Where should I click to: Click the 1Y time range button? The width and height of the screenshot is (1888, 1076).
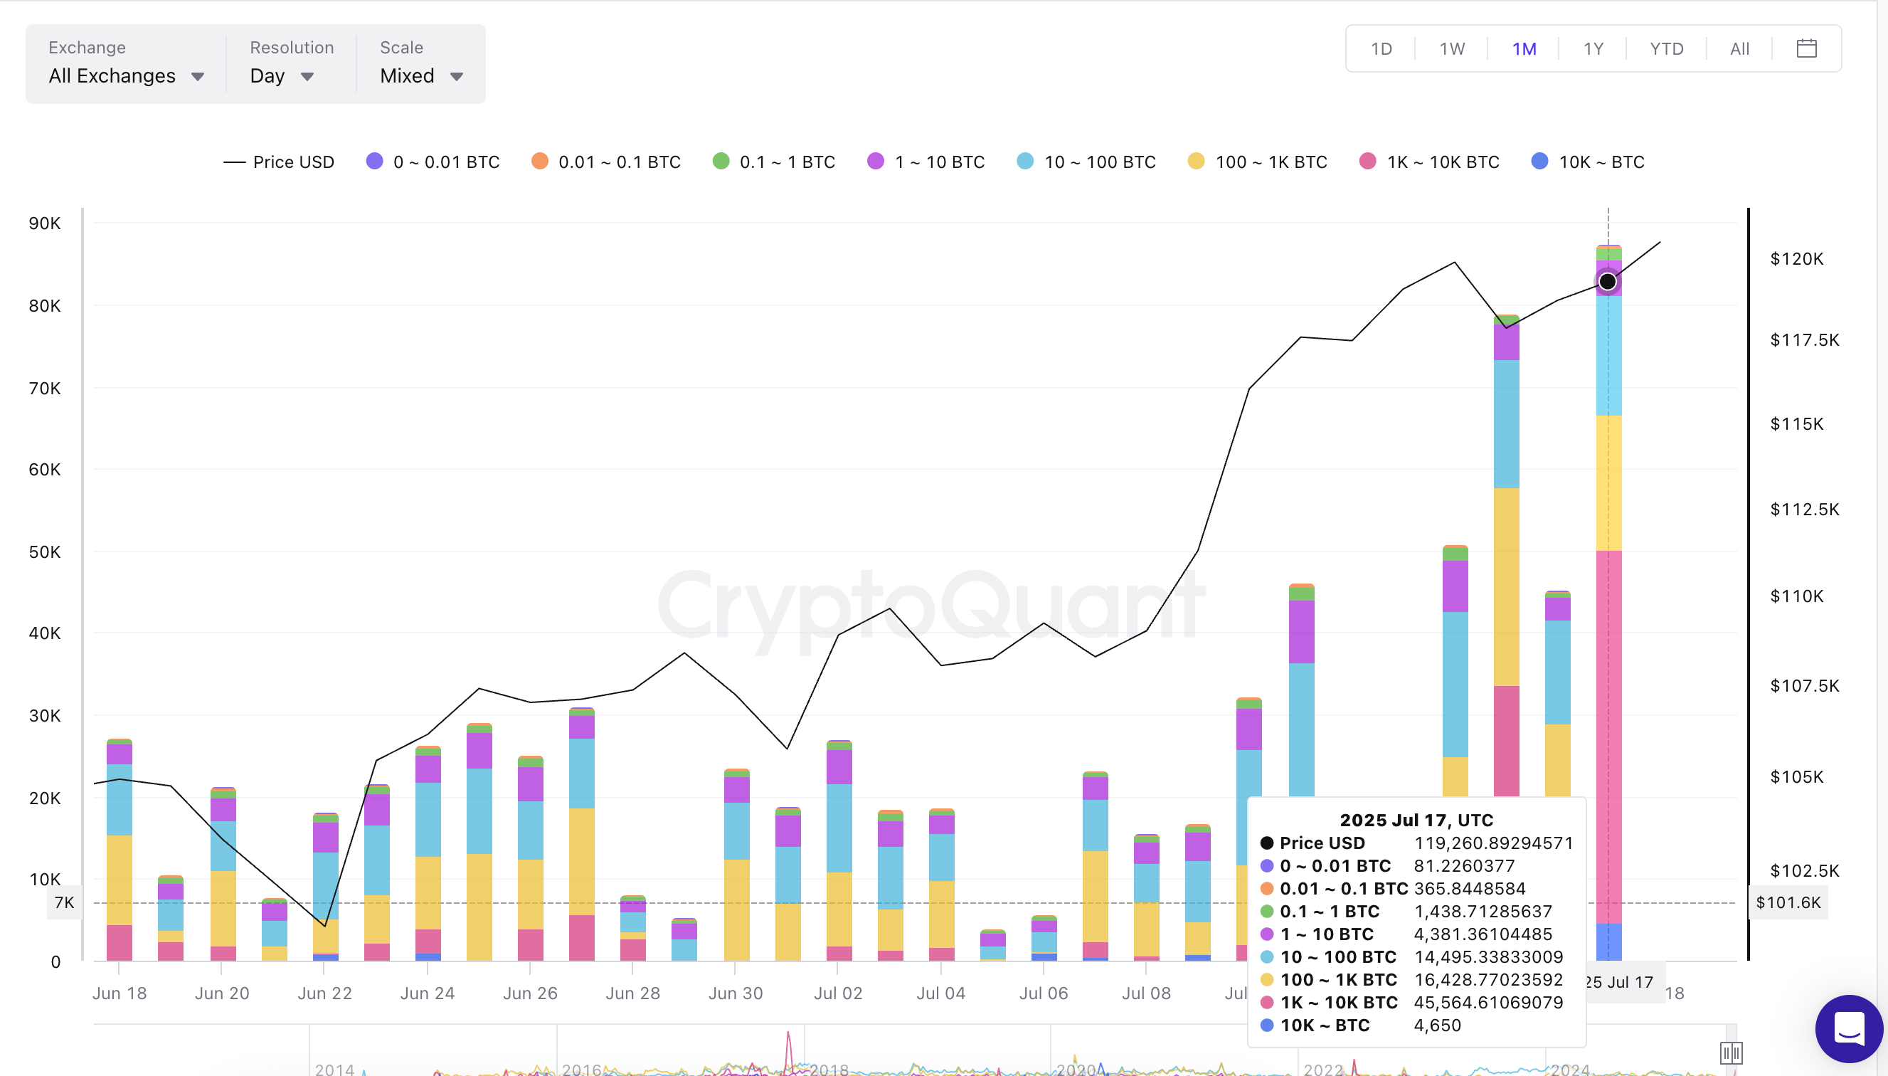1593,49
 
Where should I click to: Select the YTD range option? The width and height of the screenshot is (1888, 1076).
1666,49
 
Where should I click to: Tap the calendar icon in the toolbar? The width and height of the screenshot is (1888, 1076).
1806,49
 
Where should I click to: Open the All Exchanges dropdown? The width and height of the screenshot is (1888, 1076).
126,76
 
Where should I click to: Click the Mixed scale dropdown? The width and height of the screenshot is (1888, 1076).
421,76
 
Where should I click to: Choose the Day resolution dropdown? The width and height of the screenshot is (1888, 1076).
282,76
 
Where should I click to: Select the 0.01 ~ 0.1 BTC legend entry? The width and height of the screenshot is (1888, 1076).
605,162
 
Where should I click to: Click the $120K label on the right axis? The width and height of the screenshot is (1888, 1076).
1796,258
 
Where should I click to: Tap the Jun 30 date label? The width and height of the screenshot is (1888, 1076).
735,993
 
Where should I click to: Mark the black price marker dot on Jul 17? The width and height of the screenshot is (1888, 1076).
1607,282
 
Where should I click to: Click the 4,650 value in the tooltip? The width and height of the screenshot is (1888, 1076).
1437,1025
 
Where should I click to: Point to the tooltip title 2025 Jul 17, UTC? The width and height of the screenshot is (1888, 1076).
1416,821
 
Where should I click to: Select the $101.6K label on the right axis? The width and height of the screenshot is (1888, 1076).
1788,902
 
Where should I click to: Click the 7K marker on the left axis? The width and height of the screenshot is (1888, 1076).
64,902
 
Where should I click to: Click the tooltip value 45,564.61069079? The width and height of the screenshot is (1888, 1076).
1487,1003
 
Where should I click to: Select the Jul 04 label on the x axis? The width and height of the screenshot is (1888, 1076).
940,993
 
